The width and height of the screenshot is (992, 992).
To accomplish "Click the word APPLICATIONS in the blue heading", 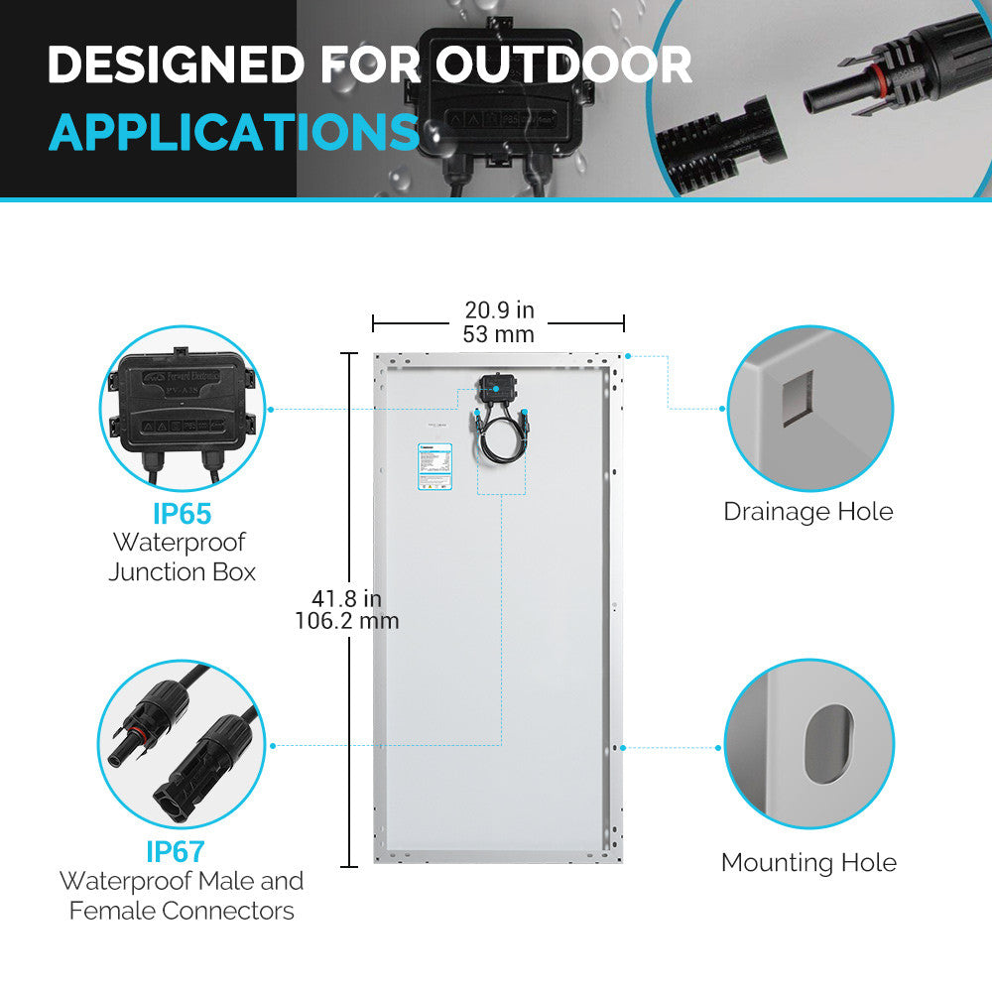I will (233, 132).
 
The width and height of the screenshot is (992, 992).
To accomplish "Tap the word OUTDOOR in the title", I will (563, 65).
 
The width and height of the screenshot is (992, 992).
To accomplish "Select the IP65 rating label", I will (182, 514).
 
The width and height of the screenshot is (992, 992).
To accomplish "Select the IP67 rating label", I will (182, 851).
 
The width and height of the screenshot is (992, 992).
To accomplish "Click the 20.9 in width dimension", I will (499, 311).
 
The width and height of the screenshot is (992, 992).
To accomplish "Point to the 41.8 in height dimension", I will (346, 599).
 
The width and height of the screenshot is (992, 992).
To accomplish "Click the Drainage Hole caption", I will (807, 512).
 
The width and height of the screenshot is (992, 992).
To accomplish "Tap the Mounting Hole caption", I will (808, 863).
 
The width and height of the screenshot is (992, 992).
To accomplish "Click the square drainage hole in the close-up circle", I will (796, 399).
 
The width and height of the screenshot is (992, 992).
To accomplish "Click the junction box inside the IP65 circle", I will (182, 402).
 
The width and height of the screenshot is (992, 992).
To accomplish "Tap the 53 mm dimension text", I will (498, 334).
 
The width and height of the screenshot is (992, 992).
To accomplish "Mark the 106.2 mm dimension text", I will (347, 622).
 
